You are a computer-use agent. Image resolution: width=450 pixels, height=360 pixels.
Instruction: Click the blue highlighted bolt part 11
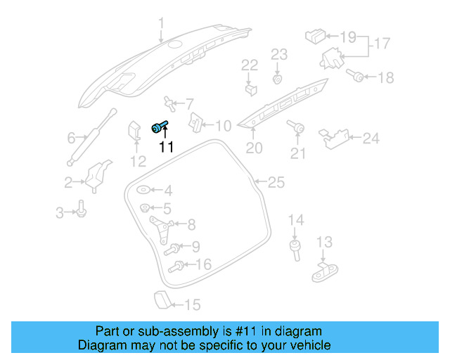(159, 126)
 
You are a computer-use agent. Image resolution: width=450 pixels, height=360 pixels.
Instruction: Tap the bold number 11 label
(166, 147)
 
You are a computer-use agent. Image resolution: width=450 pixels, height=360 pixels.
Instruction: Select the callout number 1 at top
(161, 27)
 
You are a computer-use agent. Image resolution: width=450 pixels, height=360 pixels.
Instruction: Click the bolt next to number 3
(81, 209)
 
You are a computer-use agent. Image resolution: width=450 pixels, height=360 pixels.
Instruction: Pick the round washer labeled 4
(143, 190)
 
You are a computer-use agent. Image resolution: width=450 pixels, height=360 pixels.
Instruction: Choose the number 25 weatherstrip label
(276, 183)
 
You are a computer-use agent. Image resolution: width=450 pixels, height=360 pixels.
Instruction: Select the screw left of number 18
(356, 76)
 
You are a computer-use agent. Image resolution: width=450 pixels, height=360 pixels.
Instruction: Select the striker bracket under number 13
(325, 269)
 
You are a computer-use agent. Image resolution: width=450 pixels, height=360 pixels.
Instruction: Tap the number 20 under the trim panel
(253, 148)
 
